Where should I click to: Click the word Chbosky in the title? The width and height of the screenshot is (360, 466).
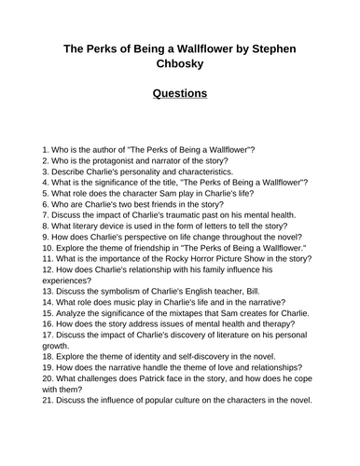tap(180, 62)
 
